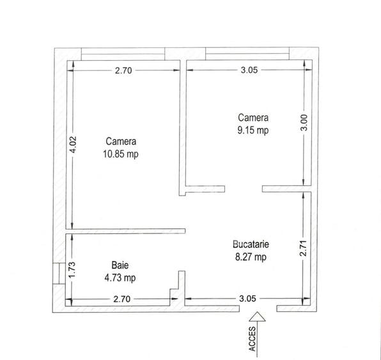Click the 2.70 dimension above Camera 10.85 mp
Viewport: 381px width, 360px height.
coord(123,71)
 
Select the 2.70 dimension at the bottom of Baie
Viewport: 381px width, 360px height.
coord(121,298)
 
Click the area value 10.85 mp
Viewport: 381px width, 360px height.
coord(121,154)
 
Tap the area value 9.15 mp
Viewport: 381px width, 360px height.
coord(254,130)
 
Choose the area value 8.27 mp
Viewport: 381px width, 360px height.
coord(251,257)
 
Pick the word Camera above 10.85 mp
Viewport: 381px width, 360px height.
coord(121,142)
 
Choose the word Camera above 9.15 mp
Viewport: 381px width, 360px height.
coord(254,118)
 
